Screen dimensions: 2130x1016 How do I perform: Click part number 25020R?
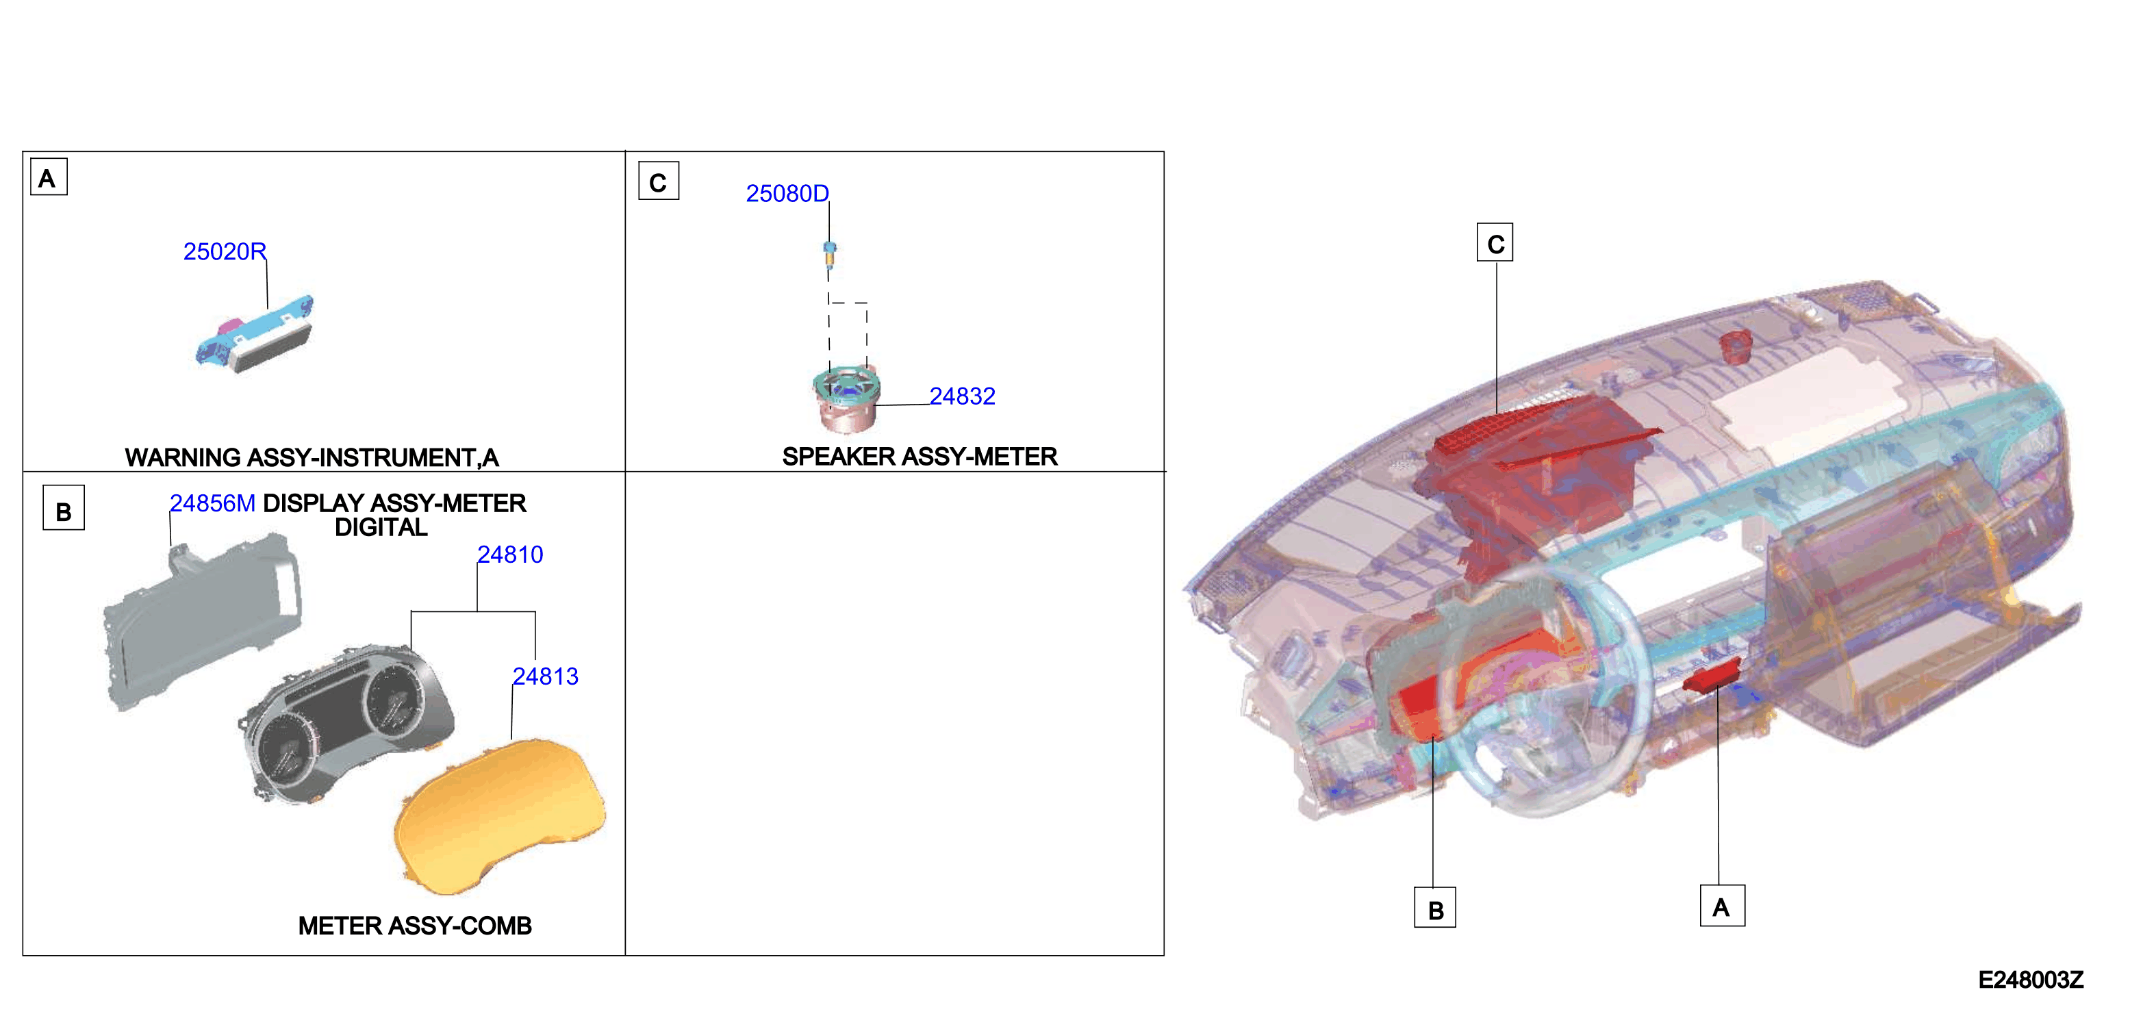[x=224, y=251]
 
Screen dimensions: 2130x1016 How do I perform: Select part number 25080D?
[x=787, y=194]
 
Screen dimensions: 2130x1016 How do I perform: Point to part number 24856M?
[x=212, y=503]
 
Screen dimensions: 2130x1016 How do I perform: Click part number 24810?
[x=510, y=555]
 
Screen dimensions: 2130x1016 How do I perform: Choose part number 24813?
[x=546, y=677]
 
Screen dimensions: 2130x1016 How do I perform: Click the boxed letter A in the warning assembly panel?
[x=49, y=178]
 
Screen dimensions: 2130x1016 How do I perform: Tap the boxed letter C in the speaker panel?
[x=658, y=181]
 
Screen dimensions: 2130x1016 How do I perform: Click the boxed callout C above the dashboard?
[x=1495, y=243]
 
